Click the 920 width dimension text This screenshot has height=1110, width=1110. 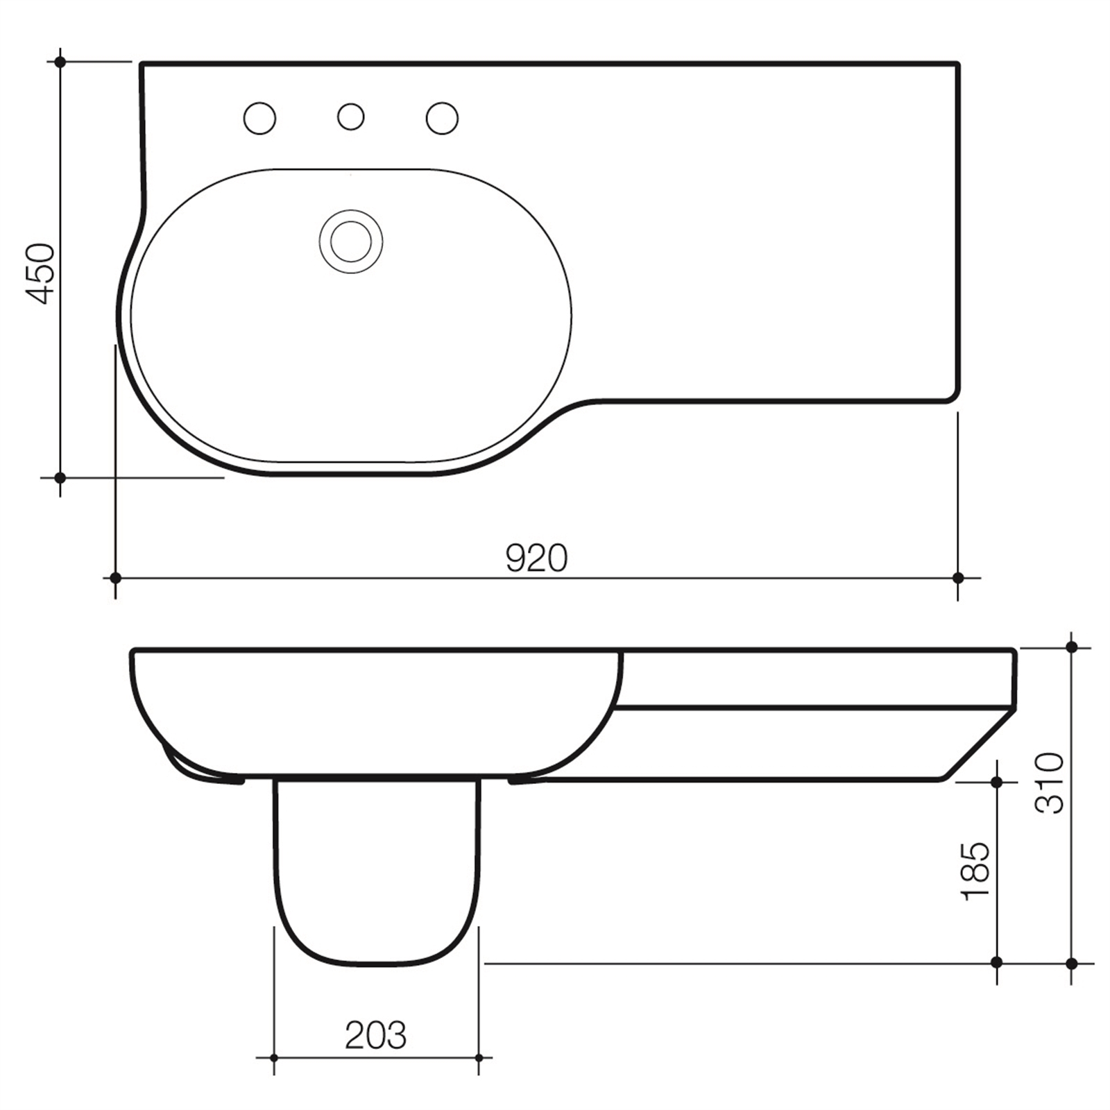pyautogui.click(x=536, y=558)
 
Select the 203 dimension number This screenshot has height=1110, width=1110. pyautogui.click(x=375, y=1035)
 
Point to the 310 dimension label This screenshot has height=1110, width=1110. pyautogui.click(x=1049, y=783)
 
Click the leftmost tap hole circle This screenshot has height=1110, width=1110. pyautogui.click(x=259, y=118)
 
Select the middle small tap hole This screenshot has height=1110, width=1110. pyautogui.click(x=350, y=117)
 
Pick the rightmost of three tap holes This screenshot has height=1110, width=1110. pyautogui.click(x=442, y=118)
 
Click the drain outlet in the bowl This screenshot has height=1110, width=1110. pyautogui.click(x=351, y=241)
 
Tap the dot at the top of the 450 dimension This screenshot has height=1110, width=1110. pyautogui.click(x=60, y=62)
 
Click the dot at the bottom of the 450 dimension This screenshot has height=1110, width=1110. pyautogui.click(x=60, y=477)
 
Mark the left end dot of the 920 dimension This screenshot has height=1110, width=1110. pyautogui.click(x=115, y=577)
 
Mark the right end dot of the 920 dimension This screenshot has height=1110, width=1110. pyautogui.click(x=958, y=577)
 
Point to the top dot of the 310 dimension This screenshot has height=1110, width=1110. pyautogui.click(x=1071, y=647)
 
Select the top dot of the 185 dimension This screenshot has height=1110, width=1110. pyautogui.click(x=997, y=782)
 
